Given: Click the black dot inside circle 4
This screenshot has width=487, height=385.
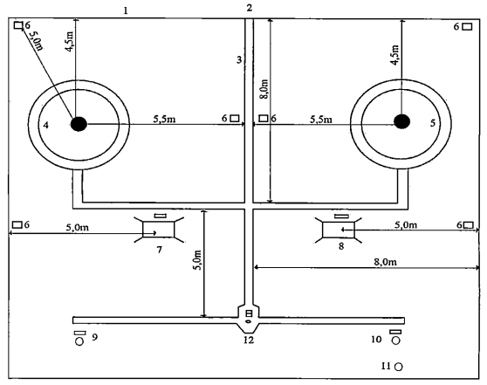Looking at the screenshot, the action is pyautogui.click(x=79, y=124).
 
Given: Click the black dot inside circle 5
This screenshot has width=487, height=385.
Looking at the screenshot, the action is pyautogui.click(x=401, y=121).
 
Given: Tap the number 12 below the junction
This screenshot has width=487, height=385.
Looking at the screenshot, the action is pyautogui.click(x=249, y=340).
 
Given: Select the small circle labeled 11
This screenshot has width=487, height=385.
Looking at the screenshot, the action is pyautogui.click(x=399, y=367).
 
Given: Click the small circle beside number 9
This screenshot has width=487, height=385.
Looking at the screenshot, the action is pyautogui.click(x=79, y=341).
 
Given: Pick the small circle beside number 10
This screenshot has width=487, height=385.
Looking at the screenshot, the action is pyautogui.click(x=395, y=340).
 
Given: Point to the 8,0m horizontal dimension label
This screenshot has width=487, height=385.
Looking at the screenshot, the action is pyautogui.click(x=385, y=262).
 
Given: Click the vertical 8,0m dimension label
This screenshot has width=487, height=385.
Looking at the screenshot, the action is pyautogui.click(x=264, y=90).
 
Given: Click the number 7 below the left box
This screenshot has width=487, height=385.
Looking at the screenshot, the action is pyautogui.click(x=160, y=249).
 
